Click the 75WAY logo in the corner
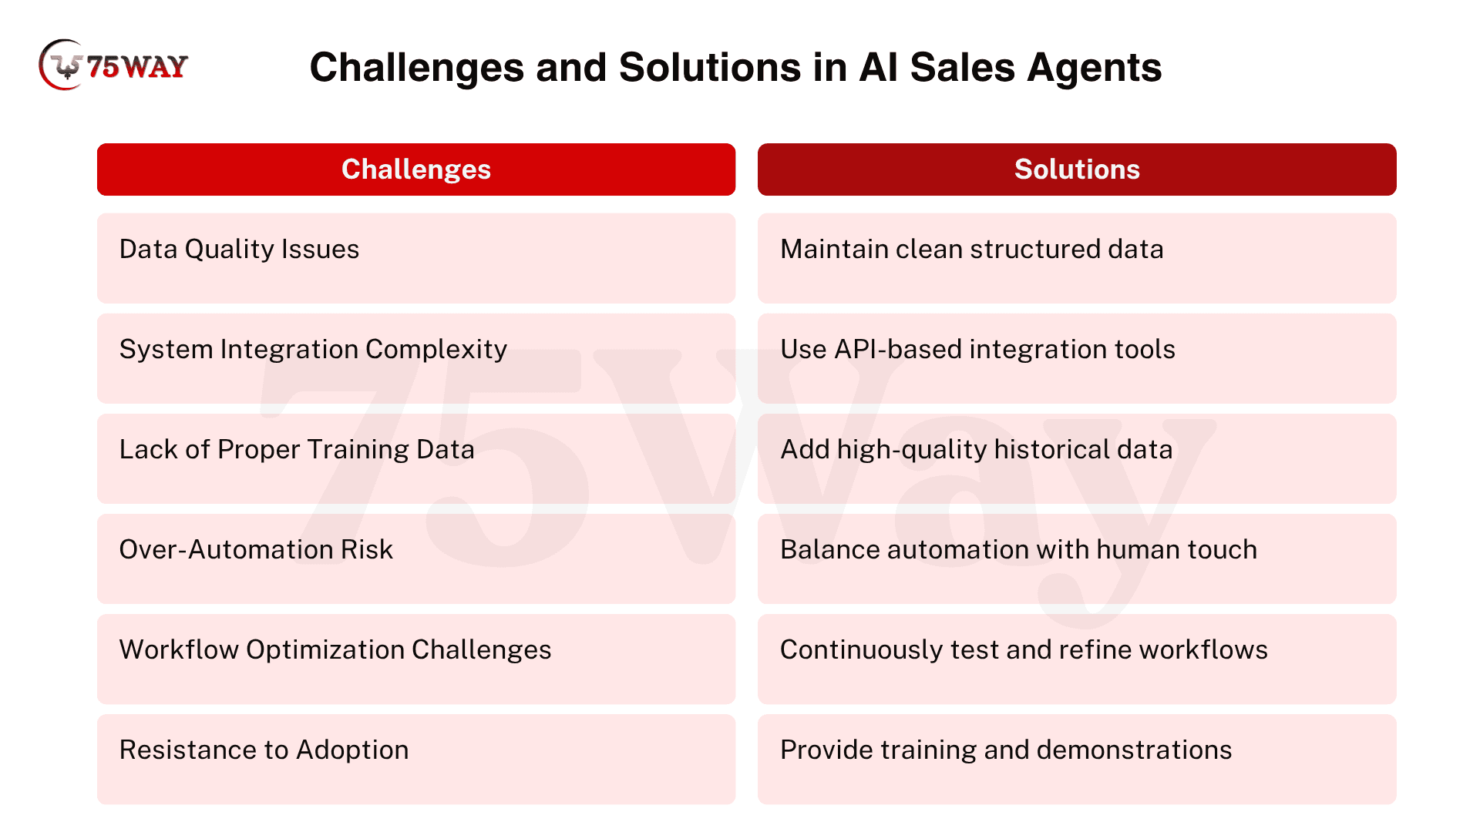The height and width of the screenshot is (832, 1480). tap(113, 65)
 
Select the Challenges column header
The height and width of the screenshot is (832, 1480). tap(416, 169)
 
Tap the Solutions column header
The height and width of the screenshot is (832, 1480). tap(1077, 169)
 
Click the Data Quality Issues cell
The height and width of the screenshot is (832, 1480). tap(416, 258)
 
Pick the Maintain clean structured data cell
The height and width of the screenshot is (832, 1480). tap(1077, 258)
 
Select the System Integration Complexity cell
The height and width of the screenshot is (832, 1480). tap(416, 358)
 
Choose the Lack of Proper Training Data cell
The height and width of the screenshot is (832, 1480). tap(416, 458)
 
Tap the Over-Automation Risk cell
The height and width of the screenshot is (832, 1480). tap(416, 559)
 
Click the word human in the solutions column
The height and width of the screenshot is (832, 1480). tap(1138, 550)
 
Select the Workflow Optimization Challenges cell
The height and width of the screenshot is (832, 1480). tap(416, 659)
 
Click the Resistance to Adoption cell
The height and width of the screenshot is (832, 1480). tap(416, 759)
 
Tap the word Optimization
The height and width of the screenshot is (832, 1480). tap(325, 650)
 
